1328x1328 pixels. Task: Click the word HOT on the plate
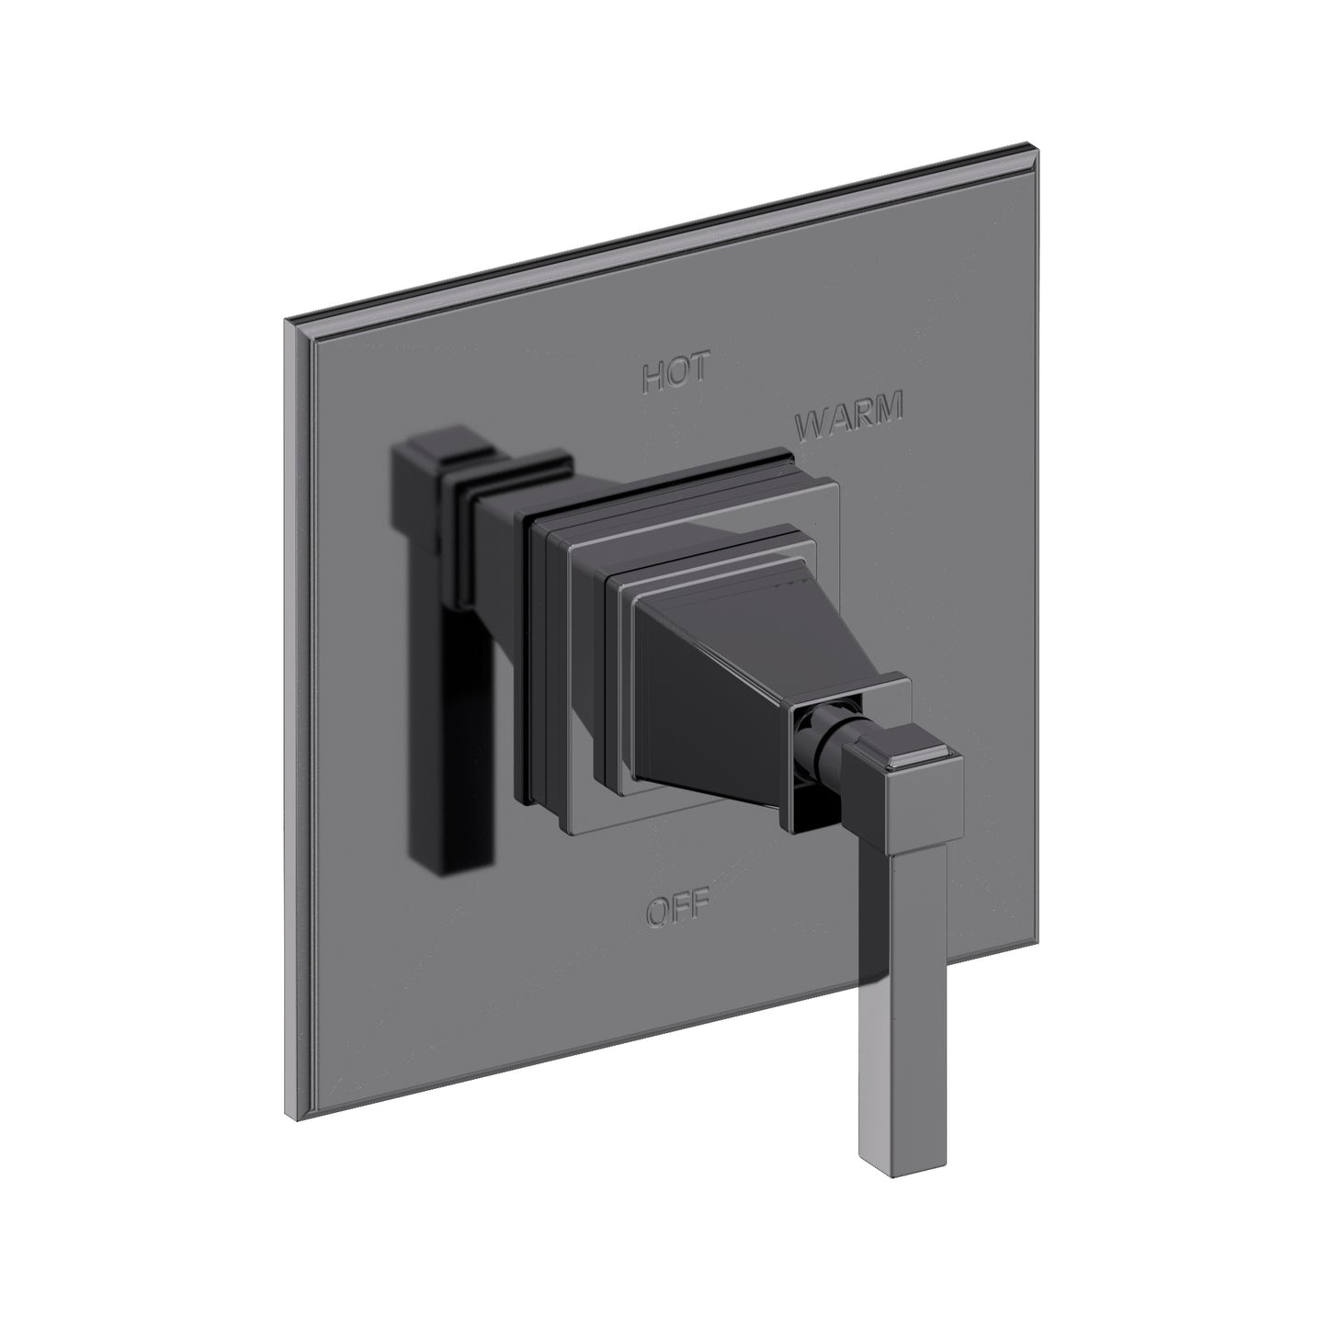[x=676, y=374]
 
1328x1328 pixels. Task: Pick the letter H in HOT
[x=653, y=377]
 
